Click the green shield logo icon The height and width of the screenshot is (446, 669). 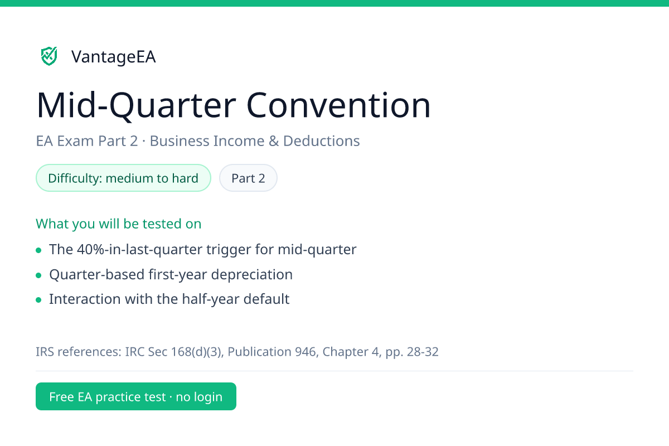point(49,56)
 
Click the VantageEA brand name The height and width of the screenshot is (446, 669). point(114,57)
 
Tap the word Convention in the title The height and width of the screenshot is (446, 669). point(338,105)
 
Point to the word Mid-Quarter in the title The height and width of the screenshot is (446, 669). point(136,106)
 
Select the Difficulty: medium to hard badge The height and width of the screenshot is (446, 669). point(123,178)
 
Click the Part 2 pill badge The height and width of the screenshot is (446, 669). point(248,178)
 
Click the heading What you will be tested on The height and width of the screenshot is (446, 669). point(119,224)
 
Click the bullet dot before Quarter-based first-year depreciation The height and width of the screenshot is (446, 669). point(38,275)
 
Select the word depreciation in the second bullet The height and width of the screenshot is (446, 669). point(252,274)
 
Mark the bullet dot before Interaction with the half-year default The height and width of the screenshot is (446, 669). point(38,299)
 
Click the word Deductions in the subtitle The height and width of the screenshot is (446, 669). point(321,140)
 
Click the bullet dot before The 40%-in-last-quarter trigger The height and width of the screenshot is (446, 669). point(38,250)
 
